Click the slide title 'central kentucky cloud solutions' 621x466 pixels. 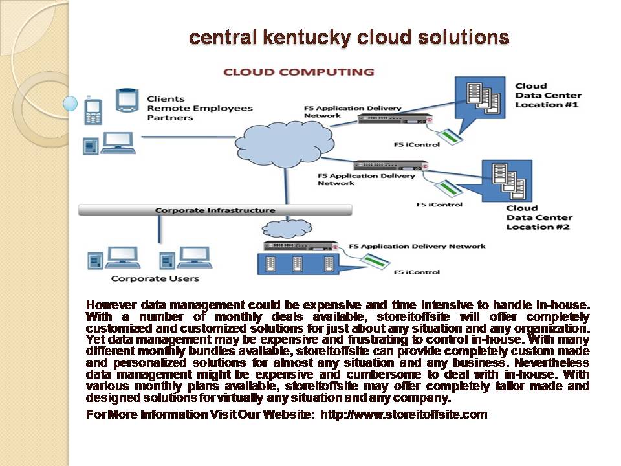[x=349, y=38]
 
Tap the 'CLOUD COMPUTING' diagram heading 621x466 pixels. [x=298, y=72]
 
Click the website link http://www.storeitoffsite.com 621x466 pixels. [x=404, y=414]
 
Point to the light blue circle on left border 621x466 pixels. [x=71, y=103]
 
